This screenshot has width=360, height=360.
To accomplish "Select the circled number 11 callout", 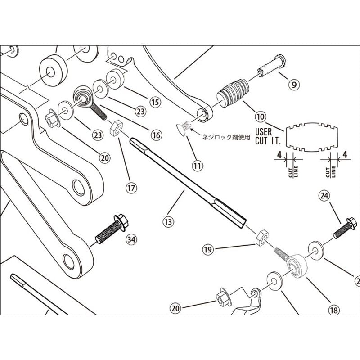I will [x=197, y=165].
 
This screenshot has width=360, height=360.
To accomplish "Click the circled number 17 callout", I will [x=131, y=188].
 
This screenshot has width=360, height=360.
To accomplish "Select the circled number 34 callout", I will [x=131, y=239].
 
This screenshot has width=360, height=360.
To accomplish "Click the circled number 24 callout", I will [x=325, y=196].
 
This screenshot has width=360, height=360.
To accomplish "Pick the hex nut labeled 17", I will [x=117, y=126].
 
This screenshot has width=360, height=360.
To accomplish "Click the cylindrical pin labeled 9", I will [x=270, y=66].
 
